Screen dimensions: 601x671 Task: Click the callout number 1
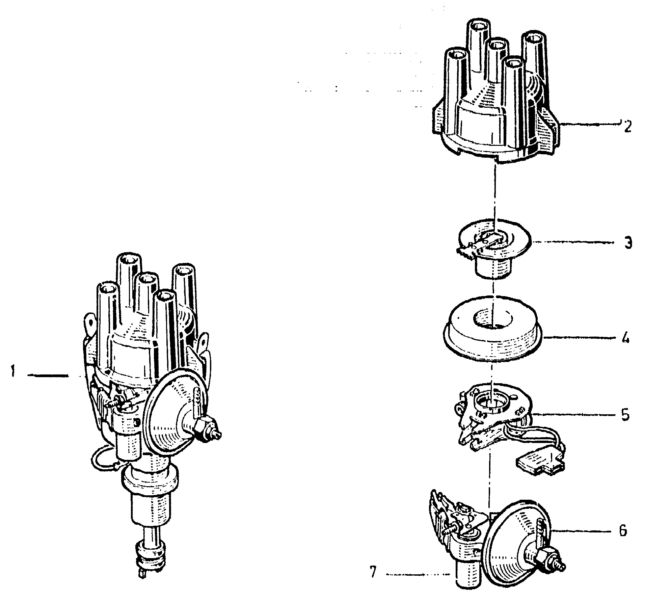(12, 373)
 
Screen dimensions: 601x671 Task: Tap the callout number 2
(627, 126)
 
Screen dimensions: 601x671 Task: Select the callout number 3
(627, 243)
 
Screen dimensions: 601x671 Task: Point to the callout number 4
(625, 338)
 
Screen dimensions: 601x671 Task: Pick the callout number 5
(625, 415)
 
